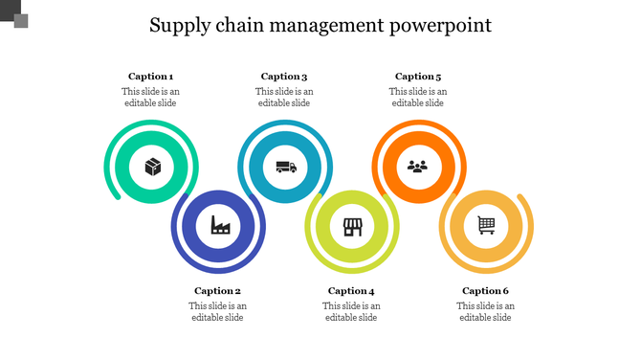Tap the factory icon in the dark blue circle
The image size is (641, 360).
click(x=219, y=225)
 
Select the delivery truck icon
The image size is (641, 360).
click(x=285, y=167)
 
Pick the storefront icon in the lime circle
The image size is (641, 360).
click(x=352, y=226)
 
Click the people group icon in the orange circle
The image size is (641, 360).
click(x=418, y=166)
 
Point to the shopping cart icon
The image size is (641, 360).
click(x=486, y=226)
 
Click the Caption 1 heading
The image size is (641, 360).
click(x=151, y=77)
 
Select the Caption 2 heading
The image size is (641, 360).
click(x=218, y=291)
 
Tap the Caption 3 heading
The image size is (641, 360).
click(x=284, y=77)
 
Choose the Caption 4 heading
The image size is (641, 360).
click(x=351, y=291)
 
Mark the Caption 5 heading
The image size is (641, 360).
click(x=418, y=77)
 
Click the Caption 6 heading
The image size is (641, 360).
click(x=485, y=291)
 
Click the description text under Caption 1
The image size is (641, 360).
click(x=151, y=97)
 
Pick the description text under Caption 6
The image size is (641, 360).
click(x=485, y=311)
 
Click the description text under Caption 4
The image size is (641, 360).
click(x=351, y=311)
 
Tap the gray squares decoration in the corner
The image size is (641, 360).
click(x=14, y=13)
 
